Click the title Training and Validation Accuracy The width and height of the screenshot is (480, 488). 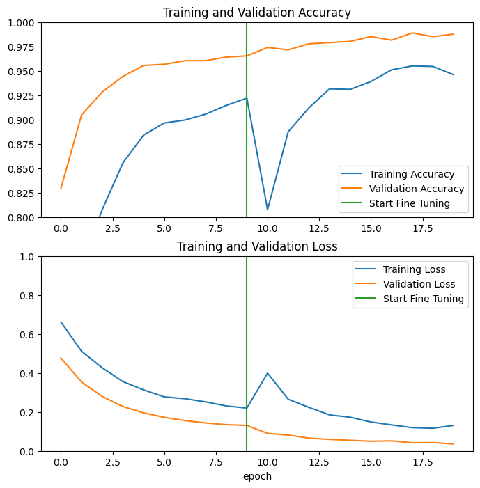[x=257, y=13]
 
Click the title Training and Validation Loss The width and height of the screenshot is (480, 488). [x=257, y=246]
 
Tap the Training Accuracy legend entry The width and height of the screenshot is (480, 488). [x=412, y=174]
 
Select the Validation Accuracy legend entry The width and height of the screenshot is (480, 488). [x=417, y=189]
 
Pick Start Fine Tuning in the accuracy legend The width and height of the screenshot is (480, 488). [x=410, y=203]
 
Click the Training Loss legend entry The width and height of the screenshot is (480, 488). [x=408, y=269]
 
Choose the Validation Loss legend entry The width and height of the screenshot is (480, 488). [x=412, y=284]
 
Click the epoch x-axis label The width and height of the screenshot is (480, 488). [x=257, y=476]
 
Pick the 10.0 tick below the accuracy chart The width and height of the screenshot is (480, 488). [x=268, y=228]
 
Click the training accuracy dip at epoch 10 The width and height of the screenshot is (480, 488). [x=268, y=210]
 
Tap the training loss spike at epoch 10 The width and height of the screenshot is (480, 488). [x=268, y=373]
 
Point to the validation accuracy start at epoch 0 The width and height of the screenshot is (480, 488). [x=61, y=189]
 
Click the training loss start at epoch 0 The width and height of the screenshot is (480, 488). [x=61, y=322]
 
